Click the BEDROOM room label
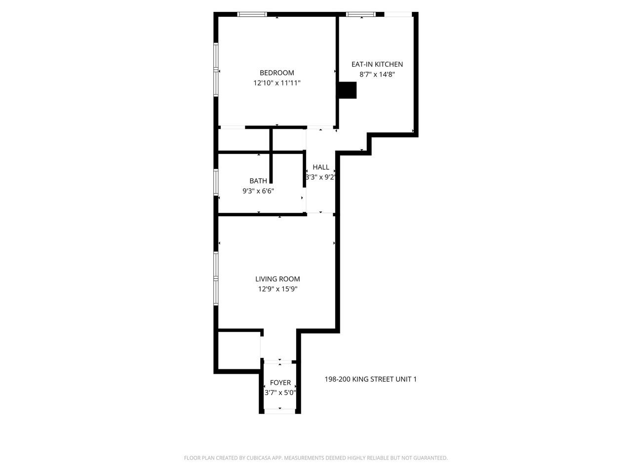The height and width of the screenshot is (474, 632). point(276,73)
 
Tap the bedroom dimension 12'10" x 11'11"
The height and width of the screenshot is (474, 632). point(276,83)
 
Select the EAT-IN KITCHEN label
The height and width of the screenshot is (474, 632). point(377,64)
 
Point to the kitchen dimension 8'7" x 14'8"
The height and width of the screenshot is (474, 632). point(377,75)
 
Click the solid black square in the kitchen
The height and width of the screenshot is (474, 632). point(347,90)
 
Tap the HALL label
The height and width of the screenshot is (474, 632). point(320,167)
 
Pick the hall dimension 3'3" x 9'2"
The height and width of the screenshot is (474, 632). point(320,177)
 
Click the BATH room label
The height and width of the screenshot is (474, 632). point(258,181)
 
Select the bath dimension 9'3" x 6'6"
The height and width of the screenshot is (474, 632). point(258,191)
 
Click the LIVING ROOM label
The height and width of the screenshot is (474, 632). point(277,279)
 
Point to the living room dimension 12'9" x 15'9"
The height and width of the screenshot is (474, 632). point(277,289)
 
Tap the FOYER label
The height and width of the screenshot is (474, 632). point(280,383)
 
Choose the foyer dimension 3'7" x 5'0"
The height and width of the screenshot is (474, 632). point(280,393)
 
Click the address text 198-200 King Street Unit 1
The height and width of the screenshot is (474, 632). point(370,379)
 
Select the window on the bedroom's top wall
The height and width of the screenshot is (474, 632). point(252,14)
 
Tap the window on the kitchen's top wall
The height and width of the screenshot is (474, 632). point(361,14)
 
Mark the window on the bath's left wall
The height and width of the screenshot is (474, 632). point(216,183)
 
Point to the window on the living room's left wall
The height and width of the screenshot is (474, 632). point(216,279)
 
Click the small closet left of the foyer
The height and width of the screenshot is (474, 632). point(239,350)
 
